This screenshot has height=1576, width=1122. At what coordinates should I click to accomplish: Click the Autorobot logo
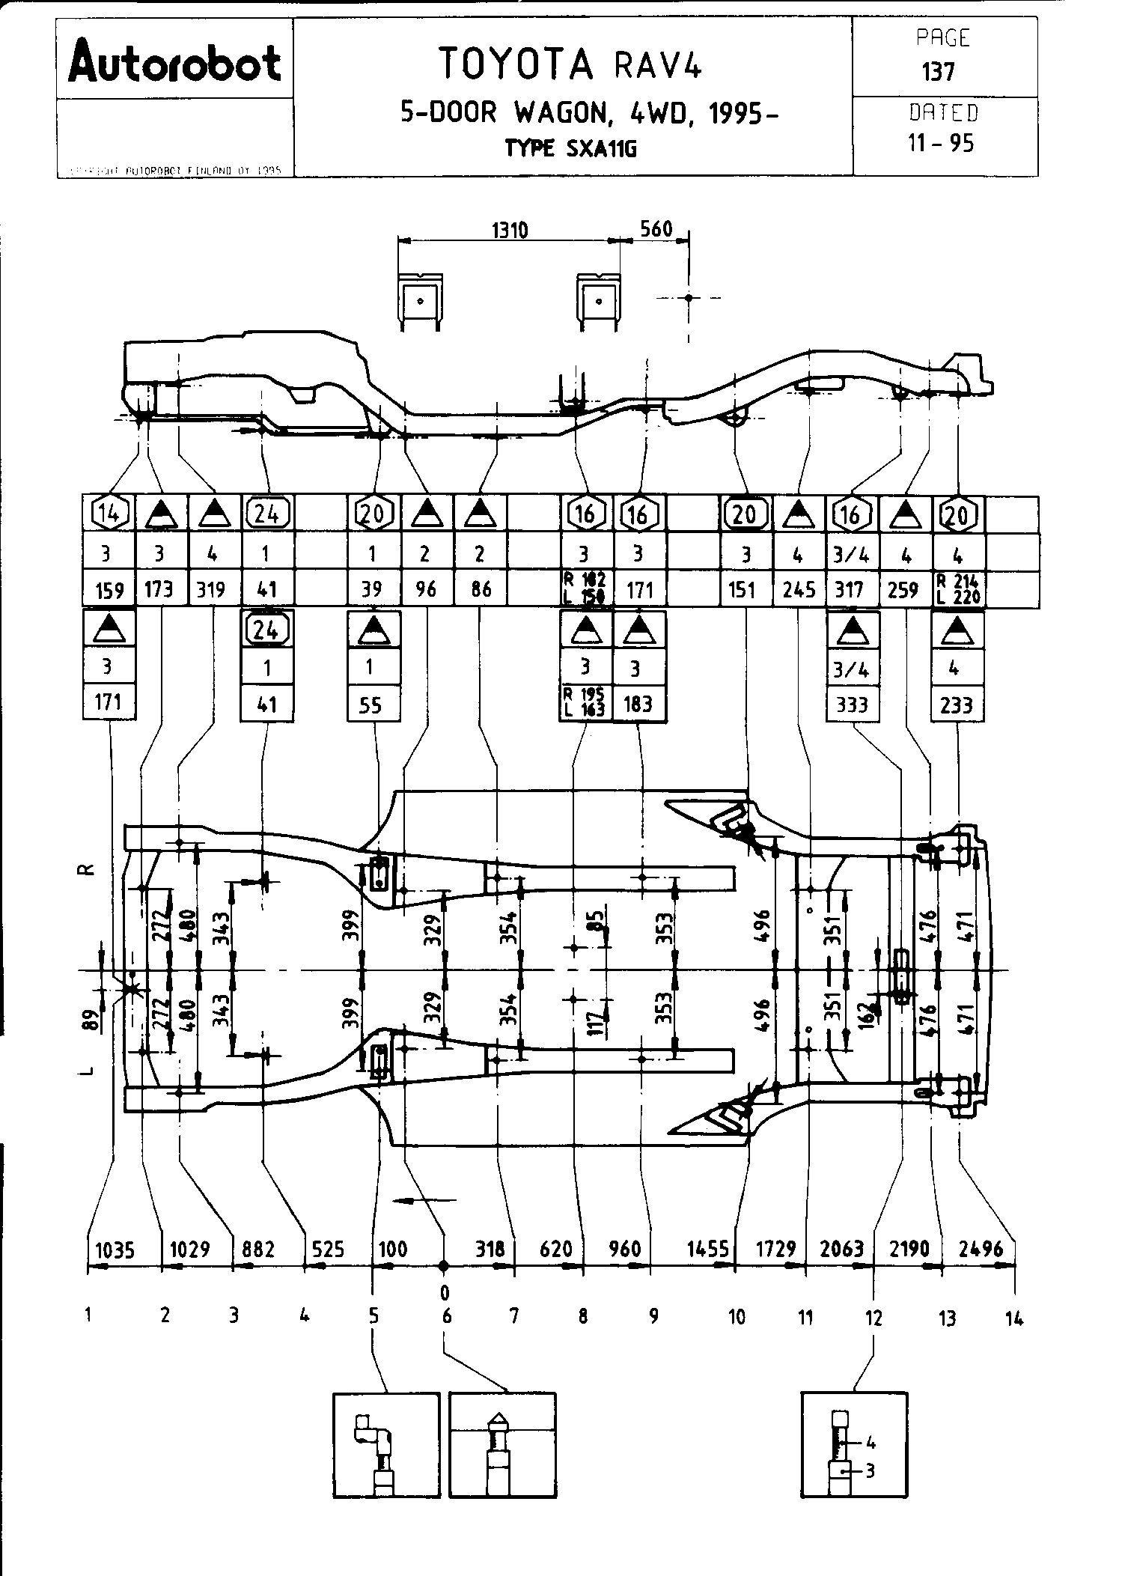click(x=174, y=62)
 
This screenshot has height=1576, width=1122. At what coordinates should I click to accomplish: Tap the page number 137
click(x=938, y=72)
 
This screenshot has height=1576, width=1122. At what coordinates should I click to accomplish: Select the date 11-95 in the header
click(x=941, y=143)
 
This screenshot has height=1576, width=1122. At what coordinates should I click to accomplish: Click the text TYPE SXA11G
click(x=570, y=148)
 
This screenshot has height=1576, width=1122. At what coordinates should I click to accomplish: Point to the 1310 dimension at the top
click(x=510, y=230)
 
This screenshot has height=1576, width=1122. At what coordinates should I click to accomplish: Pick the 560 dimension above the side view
click(x=656, y=228)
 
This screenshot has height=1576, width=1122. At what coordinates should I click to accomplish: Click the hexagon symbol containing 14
click(x=109, y=514)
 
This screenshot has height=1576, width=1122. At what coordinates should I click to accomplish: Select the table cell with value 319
click(x=211, y=590)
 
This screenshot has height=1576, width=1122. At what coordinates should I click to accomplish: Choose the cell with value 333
click(x=851, y=705)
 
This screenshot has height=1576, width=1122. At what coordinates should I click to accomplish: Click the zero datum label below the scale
click(x=445, y=1293)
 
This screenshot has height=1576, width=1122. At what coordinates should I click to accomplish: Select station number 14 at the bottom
click(x=1013, y=1318)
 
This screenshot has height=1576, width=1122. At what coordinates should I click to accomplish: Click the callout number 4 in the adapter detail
click(x=871, y=1443)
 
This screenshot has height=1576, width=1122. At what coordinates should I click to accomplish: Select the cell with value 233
click(x=956, y=705)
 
